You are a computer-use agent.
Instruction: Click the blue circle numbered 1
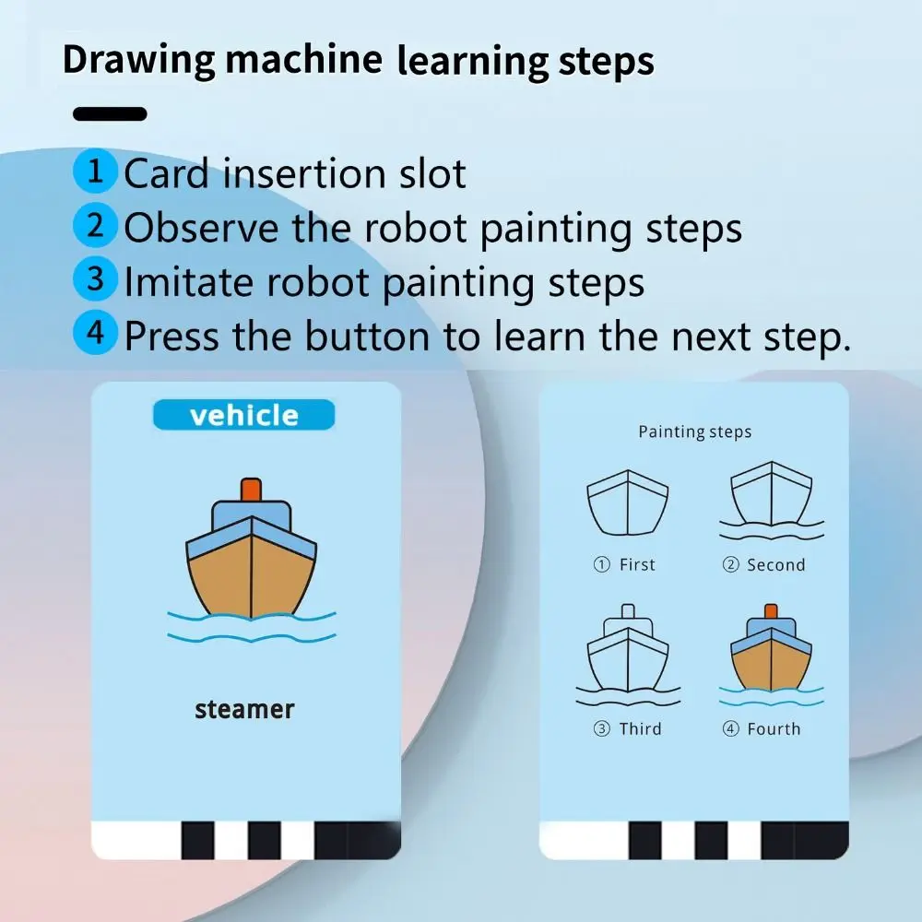pos(95,172)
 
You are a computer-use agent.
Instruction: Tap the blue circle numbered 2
pos(95,226)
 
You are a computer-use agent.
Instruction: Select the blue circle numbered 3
pos(95,279)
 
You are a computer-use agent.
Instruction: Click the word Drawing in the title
pos(138,60)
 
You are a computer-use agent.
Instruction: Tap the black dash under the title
pos(110,114)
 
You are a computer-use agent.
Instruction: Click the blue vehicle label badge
pos(243,415)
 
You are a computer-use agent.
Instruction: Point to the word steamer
pos(244,709)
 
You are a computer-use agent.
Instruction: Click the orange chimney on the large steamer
pos(250,490)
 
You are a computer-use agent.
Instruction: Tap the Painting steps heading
pos(694,431)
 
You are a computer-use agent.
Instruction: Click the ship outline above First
pos(627,503)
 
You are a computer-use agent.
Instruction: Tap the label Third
pos(639,728)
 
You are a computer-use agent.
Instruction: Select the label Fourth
pos(773,728)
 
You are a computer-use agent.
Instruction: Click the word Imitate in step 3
pos(192,282)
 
